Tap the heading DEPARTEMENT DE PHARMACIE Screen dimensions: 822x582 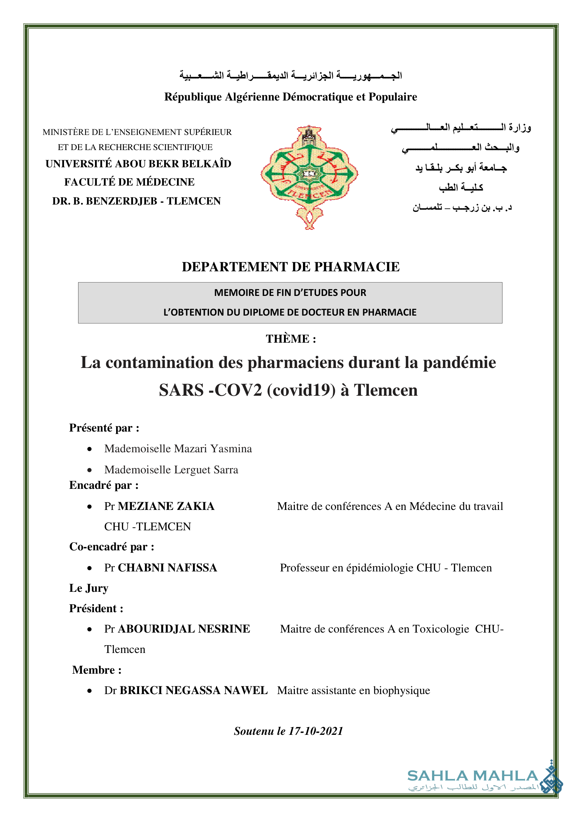[x=291, y=267]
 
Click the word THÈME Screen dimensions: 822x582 [x=287, y=339]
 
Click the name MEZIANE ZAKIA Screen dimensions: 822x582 [x=166, y=506]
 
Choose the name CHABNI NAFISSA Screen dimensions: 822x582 [x=167, y=568]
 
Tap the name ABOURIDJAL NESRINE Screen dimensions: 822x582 [x=184, y=629]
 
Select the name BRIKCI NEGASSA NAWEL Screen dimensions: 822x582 [x=194, y=691]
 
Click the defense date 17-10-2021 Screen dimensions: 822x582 [x=316, y=731]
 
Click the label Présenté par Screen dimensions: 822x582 [x=104, y=428]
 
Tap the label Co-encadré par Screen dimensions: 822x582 [x=112, y=547]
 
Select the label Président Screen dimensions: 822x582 [x=96, y=609]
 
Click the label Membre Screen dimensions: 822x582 [x=97, y=670]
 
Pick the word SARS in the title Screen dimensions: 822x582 [x=181, y=390]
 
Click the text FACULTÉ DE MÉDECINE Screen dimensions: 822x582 [x=129, y=182]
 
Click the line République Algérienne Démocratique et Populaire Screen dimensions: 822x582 [x=291, y=97]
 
